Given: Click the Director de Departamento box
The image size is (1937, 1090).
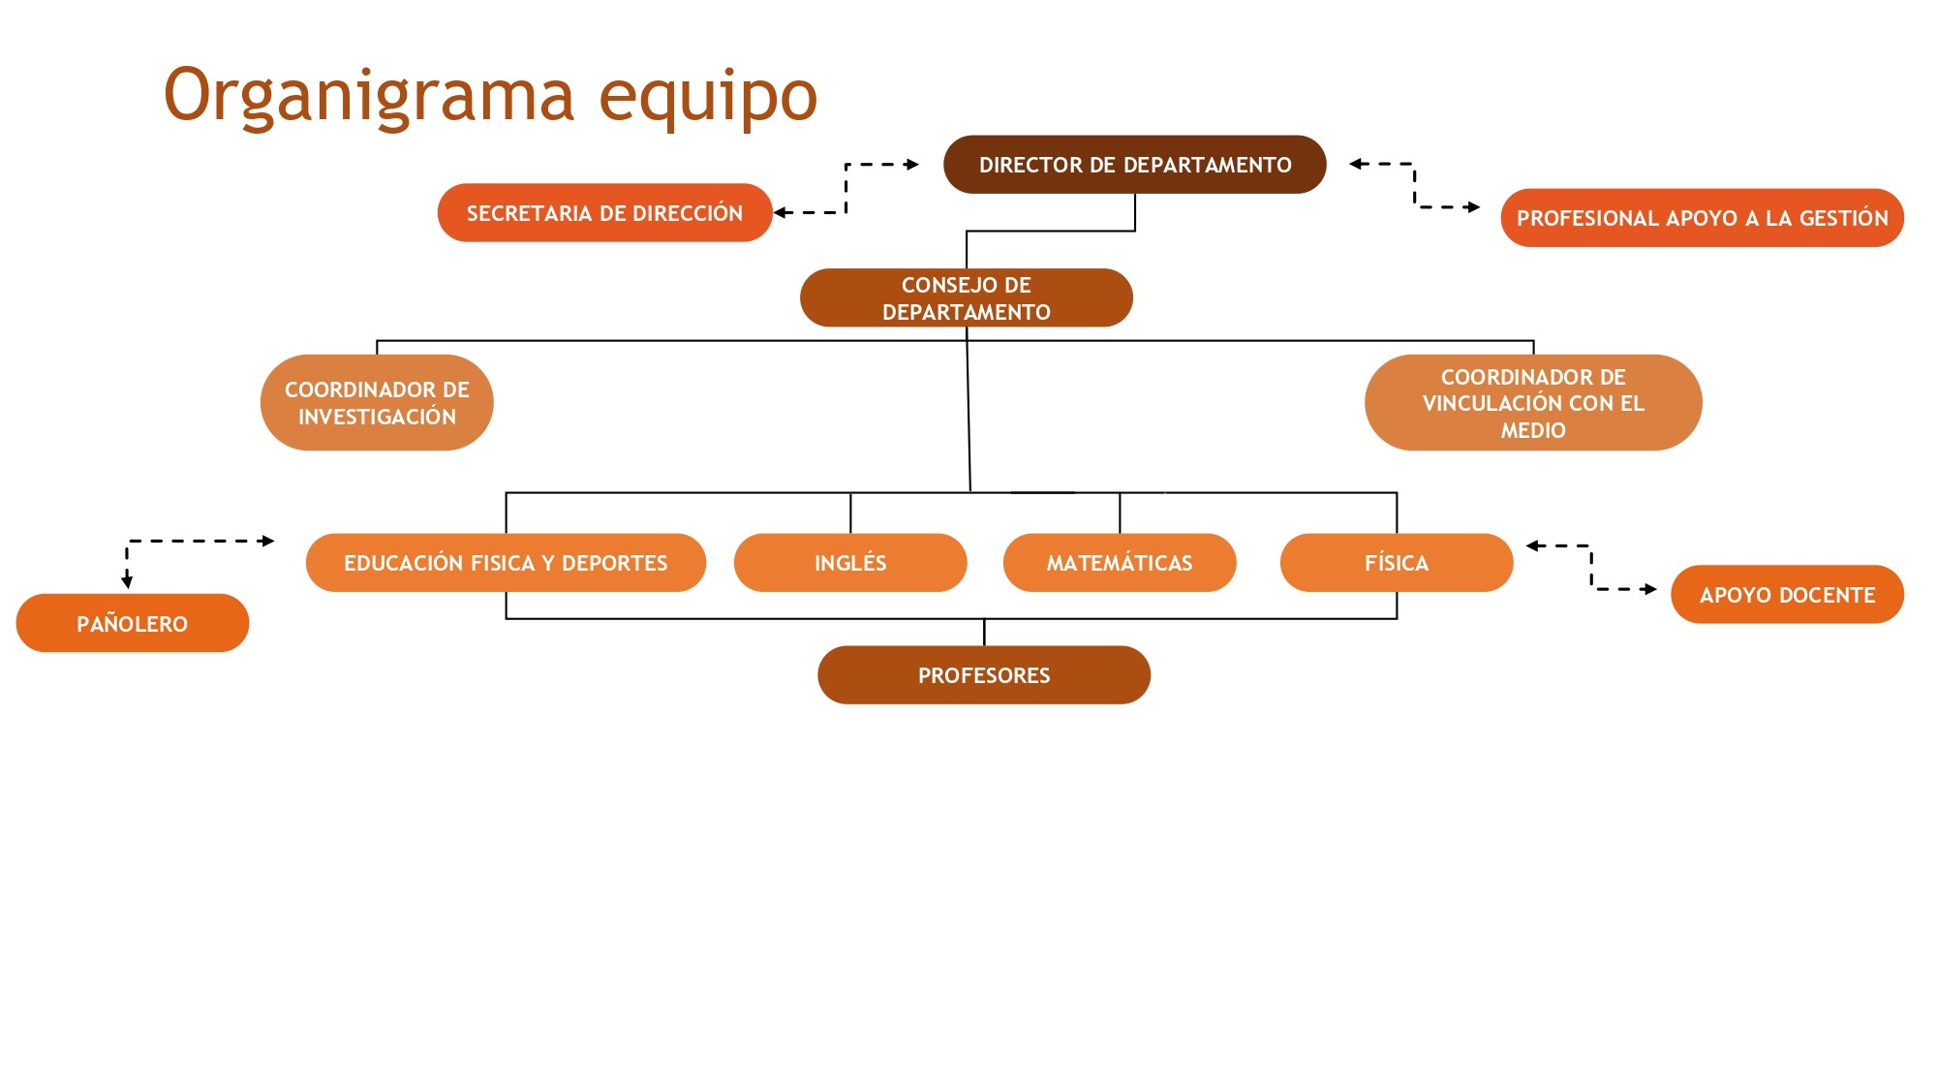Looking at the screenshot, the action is pos(1134,165).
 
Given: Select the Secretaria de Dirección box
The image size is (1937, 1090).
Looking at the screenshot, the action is pos(604,212).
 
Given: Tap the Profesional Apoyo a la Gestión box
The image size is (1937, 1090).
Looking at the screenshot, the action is pos(1702,218).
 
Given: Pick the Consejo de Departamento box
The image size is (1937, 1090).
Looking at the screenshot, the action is pos(966,297).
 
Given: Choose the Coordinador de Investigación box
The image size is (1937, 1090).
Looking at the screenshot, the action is pos(377,402).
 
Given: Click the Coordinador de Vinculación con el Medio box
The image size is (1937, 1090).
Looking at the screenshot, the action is pos(1533,402).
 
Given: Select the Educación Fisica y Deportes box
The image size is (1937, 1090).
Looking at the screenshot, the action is pos(506,563).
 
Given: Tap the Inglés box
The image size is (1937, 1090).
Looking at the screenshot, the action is pos(850,563).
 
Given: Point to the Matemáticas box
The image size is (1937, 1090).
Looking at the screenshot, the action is pos(1120,563).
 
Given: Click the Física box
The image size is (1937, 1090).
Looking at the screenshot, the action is pos(1397,563).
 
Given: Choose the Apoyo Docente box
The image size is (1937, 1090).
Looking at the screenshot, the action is pos(1787,594).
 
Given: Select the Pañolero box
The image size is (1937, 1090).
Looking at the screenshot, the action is pos(133,623).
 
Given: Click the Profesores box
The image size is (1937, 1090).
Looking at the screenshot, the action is pos(984,675).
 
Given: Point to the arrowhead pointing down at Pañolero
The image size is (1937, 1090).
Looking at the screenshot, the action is pos(127,581).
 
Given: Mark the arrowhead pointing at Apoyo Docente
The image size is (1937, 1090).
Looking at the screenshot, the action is pos(1649,589).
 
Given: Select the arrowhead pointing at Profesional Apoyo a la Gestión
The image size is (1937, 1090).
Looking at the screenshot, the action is pos(1473,207).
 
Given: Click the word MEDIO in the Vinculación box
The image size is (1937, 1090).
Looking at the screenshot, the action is pos(1533,430).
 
